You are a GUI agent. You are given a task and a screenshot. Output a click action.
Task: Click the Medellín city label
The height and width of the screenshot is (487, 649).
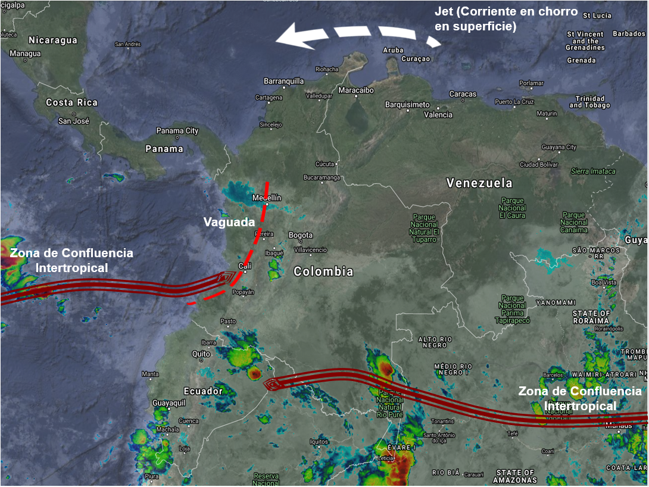coord(267,198)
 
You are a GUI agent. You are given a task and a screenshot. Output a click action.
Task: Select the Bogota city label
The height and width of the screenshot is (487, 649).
coord(300,235)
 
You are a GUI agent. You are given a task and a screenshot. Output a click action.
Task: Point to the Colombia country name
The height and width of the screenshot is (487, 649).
coord(323,271)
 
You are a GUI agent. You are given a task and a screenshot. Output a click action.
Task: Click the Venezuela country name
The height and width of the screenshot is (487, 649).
coord(479,183)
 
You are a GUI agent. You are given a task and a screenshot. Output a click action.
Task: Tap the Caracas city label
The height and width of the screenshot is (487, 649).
coord(463,94)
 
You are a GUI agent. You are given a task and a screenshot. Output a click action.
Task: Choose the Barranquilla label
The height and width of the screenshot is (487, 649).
coord(283,81)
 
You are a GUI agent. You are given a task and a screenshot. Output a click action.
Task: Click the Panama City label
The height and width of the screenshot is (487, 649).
coord(177,130)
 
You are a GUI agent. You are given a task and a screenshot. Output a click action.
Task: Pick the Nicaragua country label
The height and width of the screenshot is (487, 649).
coord(53,40)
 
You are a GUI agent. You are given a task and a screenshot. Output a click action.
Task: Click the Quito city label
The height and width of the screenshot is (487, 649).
coord(201,354)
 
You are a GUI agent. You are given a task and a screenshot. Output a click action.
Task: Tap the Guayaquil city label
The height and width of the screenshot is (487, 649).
coord(169,403)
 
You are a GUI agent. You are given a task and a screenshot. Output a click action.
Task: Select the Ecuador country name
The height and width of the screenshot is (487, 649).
coord(203,391)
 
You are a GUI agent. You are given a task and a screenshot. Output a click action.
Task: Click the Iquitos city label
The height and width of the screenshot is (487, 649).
coord(319,441)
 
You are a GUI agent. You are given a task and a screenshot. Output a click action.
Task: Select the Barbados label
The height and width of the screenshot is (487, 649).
coord(629,34)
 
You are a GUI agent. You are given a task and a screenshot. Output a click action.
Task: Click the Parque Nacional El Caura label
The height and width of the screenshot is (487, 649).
coord(513,208)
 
